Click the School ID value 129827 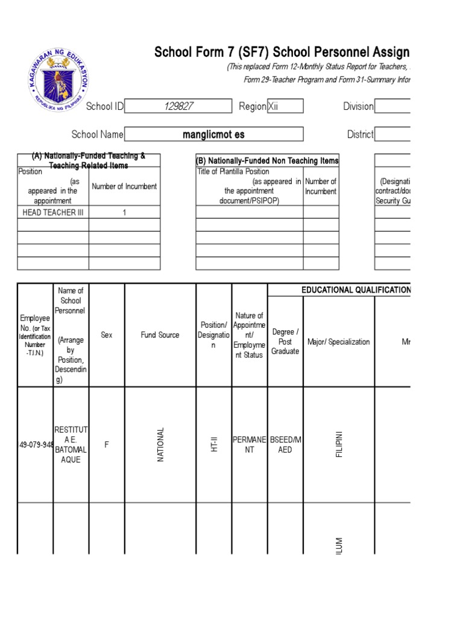(x=178, y=106)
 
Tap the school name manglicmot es (x=213, y=135)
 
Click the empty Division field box (x=393, y=106)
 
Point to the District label (x=360, y=135)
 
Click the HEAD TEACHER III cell (x=53, y=212)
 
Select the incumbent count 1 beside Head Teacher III (x=124, y=212)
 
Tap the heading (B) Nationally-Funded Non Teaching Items (x=267, y=161)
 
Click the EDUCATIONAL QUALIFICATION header (x=356, y=290)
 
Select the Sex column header (x=107, y=335)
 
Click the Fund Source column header (x=160, y=335)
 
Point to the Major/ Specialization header (x=338, y=342)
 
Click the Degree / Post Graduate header (x=285, y=342)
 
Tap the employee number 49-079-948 (x=36, y=445)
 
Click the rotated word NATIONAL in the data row (x=160, y=445)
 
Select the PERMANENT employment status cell (x=250, y=445)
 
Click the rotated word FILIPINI (x=339, y=445)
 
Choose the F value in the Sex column (x=107, y=445)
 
